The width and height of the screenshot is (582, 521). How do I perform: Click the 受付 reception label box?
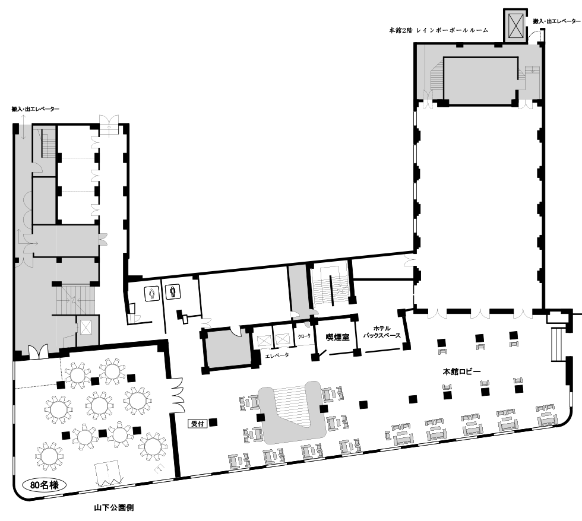(197, 424)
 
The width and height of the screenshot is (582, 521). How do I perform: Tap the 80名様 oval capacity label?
(45, 485)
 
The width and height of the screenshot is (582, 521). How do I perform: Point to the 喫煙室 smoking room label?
(338, 337)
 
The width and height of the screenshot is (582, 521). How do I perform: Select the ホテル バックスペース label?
(382, 332)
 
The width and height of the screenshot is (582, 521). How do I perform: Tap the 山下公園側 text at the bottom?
(114, 508)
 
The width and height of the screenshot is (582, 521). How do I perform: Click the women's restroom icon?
(151, 293)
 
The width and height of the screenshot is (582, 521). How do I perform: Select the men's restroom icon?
(173, 291)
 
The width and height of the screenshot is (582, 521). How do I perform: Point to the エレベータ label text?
(277, 355)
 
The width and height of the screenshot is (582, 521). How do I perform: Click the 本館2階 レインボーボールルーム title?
(438, 30)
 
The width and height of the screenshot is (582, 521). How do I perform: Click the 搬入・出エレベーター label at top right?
(556, 21)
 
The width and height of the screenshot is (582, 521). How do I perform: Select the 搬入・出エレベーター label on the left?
(35, 109)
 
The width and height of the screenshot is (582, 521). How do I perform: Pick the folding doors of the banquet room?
(178, 395)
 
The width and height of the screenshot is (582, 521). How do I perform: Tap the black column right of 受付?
(213, 422)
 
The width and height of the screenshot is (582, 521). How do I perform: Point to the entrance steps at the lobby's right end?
(556, 344)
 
